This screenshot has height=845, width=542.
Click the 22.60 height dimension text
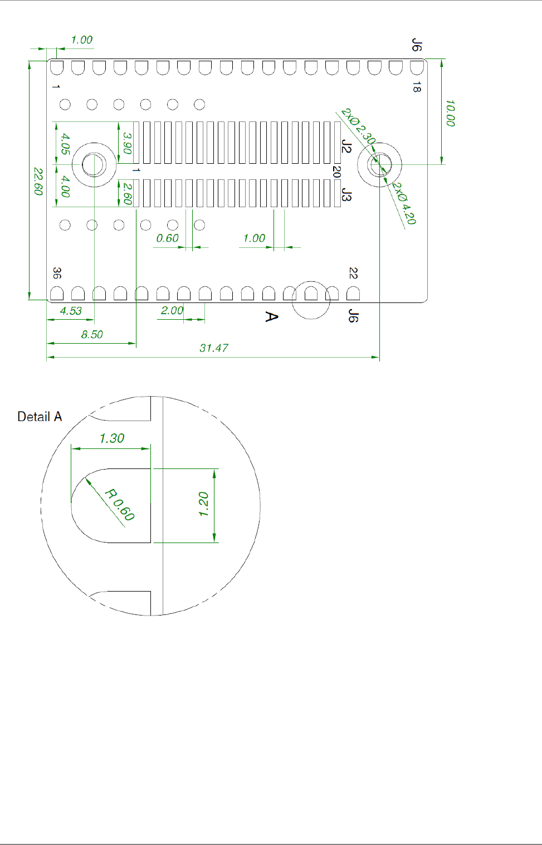click(38, 181)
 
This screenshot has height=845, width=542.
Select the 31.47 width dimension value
click(214, 348)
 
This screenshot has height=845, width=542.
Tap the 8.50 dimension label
click(92, 335)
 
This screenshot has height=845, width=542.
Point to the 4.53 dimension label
click(71, 311)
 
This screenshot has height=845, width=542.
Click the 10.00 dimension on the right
click(451, 113)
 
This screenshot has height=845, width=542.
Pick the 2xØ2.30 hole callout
click(358, 126)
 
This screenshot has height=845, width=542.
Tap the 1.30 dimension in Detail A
click(111, 438)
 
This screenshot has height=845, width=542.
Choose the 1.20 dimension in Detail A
click(204, 504)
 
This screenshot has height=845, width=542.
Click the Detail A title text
click(40, 417)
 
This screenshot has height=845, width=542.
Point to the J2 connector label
click(347, 146)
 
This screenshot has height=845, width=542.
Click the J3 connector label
click(347, 196)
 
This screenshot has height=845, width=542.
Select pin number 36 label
click(57, 273)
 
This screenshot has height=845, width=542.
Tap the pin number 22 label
click(353, 273)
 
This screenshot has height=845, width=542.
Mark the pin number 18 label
click(417, 86)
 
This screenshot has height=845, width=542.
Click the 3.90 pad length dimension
click(127, 143)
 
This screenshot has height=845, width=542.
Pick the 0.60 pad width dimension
click(167, 238)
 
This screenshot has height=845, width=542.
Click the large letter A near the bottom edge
click(271, 317)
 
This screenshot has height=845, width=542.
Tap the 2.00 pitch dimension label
click(172, 311)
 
